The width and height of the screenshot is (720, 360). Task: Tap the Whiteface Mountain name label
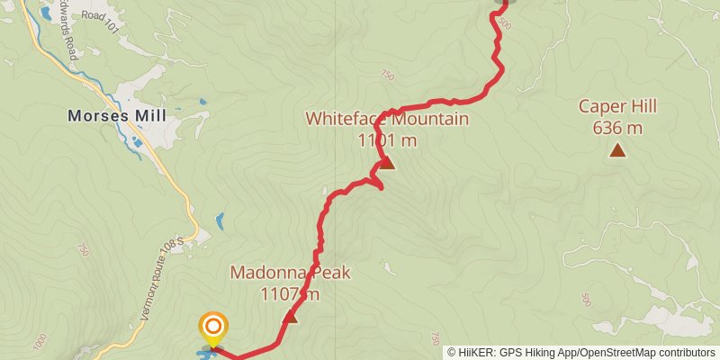[x=387, y=119]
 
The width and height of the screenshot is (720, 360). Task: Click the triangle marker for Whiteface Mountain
[x=386, y=163]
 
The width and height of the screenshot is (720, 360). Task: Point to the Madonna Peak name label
[x=290, y=273]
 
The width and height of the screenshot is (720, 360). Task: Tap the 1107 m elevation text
[x=290, y=293]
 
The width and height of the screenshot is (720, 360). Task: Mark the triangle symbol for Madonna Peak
[x=290, y=316]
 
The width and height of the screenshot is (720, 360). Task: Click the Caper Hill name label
[x=617, y=106]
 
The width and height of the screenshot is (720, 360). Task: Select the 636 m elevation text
[x=617, y=127]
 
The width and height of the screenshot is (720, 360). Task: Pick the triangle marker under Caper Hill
[x=617, y=149]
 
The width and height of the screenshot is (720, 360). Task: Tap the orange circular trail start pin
[x=212, y=327]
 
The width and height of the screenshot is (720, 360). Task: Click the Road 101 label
[x=99, y=15]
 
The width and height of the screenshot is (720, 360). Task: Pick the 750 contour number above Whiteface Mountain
[x=387, y=76]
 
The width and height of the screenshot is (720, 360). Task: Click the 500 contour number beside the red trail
[x=503, y=24]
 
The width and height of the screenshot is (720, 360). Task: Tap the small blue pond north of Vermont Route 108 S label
[x=220, y=220]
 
